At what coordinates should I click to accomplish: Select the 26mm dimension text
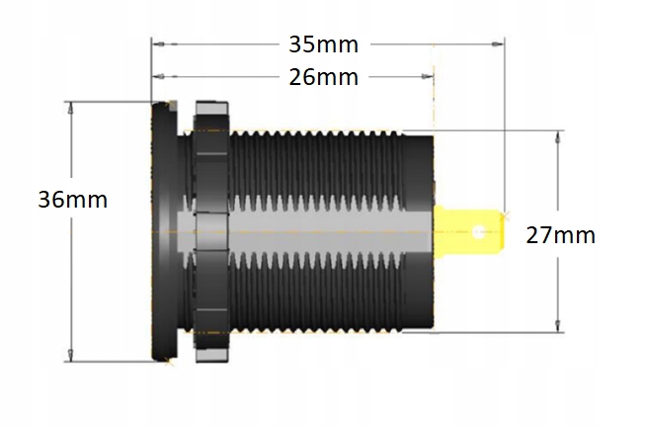click(323, 77)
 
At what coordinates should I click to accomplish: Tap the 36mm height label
click(72, 199)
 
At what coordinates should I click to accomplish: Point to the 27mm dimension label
click(560, 235)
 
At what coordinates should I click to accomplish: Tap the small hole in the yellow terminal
click(480, 234)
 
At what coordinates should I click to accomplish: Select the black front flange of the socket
click(162, 229)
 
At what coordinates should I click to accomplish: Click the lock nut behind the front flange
click(210, 229)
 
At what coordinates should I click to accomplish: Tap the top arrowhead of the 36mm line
click(71, 107)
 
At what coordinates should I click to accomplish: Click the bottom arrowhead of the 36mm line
click(71, 358)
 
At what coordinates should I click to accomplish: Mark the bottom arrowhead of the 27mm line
click(560, 329)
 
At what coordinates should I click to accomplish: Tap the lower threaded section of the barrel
click(316, 297)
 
